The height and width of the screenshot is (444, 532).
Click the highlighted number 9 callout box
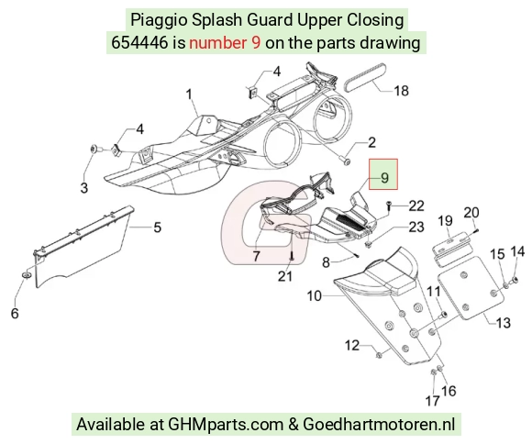[x=383, y=174]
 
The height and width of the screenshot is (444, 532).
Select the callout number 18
[x=401, y=91]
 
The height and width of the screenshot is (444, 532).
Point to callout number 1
[x=189, y=94]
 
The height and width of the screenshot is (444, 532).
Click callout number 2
[x=371, y=142]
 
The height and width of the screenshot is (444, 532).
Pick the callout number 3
[x=83, y=187]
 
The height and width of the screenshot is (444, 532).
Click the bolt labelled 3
[x=94, y=149]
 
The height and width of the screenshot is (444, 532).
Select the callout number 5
[x=157, y=228]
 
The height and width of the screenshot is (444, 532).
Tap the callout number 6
[x=15, y=313]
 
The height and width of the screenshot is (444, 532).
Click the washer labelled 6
[x=27, y=274]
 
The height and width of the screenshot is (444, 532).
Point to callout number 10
[x=314, y=295]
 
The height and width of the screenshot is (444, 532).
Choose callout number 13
[x=504, y=322]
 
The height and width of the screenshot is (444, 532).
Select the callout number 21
[x=285, y=276]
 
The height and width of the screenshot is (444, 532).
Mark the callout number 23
[x=416, y=227]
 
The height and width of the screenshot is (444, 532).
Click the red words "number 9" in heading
[x=225, y=43]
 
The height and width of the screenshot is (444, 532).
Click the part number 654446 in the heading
[x=139, y=43]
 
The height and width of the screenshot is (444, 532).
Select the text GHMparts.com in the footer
[x=226, y=425]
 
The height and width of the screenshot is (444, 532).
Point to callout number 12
[x=352, y=345]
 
